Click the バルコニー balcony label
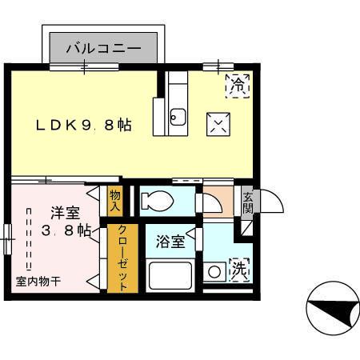click(x=108, y=48)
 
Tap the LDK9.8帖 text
click(x=82, y=126)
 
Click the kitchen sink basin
click(x=177, y=121)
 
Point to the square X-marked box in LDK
click(x=218, y=123)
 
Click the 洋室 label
click(x=65, y=213)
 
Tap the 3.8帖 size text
click(x=65, y=232)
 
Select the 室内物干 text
click(x=38, y=282)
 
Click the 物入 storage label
click(x=114, y=200)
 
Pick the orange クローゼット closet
click(x=124, y=258)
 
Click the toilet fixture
click(x=158, y=200)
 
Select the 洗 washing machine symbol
click(x=238, y=270)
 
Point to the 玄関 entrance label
click(x=248, y=203)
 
